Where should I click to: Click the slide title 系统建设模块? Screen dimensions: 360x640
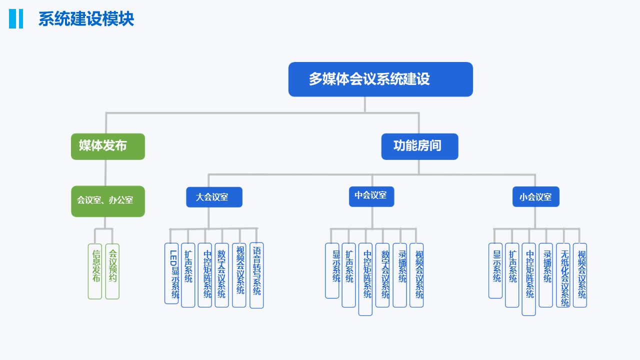point(86,19)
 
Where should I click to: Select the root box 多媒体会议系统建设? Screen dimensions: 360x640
point(380,79)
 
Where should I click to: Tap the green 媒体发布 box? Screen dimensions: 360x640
point(108,146)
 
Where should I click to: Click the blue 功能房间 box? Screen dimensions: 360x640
point(419,146)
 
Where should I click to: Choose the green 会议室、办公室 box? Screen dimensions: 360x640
point(108,201)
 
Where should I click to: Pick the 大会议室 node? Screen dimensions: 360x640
point(214,197)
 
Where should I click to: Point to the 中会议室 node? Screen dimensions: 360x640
point(371,196)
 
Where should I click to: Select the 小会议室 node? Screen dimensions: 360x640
point(535,196)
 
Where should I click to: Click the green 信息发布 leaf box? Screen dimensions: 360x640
point(95,271)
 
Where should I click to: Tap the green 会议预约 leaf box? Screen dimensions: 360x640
point(112,271)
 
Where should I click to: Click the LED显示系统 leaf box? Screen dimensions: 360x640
point(171,273)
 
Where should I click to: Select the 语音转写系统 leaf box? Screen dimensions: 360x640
point(256,275)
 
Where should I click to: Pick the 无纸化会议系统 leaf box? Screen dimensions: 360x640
point(563,274)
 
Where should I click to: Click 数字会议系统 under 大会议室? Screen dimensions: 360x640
point(222,274)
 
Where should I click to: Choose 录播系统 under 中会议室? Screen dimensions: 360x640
point(400,274)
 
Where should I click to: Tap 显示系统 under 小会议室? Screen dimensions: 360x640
point(495,270)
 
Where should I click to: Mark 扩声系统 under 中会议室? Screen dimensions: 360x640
point(349,274)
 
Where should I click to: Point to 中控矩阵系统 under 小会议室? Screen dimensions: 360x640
point(529,279)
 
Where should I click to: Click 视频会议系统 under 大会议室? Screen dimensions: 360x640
point(239,274)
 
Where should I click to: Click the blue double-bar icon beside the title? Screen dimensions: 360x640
point(16,19)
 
